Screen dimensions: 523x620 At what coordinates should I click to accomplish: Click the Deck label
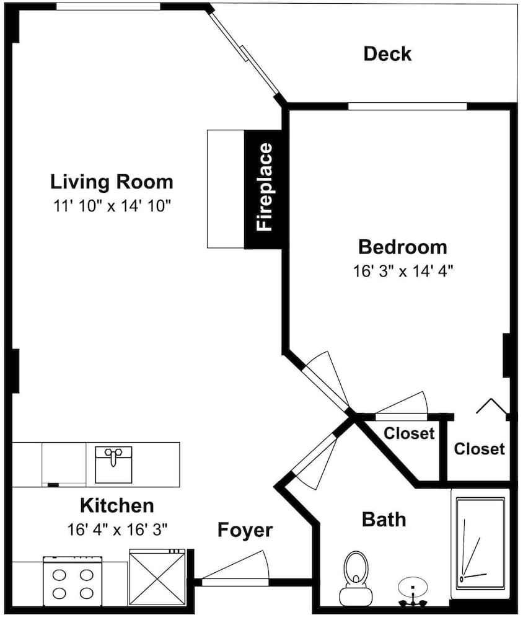387,54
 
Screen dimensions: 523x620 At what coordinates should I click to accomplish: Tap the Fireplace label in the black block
265,187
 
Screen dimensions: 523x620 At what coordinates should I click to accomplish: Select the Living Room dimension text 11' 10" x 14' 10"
112,206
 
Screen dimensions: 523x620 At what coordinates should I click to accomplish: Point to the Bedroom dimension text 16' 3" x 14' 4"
403,272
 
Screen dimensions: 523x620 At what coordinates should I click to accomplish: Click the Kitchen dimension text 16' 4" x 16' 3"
117,529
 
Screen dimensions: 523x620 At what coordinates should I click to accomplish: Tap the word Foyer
245,530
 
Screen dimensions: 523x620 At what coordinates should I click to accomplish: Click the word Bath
384,519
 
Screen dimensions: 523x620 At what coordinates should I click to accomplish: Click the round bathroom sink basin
412,586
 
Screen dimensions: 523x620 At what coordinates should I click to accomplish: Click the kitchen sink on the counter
113,464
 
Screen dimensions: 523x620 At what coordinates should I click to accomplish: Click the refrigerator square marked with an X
157,577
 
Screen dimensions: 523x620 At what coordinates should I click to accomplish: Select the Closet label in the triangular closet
409,433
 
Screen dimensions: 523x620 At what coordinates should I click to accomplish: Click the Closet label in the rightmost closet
479,449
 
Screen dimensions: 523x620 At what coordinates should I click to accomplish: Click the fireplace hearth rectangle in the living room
226,189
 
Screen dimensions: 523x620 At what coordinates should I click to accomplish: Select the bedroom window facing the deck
407,107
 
